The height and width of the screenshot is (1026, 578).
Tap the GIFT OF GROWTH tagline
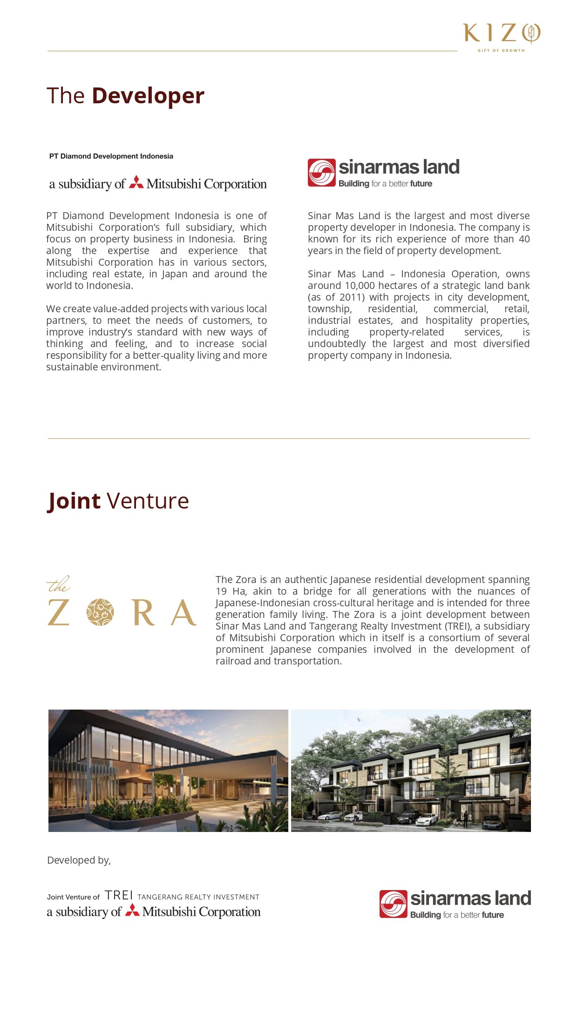pyautogui.click(x=501, y=50)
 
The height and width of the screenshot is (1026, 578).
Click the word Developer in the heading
pyautogui.click(x=148, y=96)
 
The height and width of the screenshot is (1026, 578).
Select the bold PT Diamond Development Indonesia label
pyautogui.click(x=111, y=156)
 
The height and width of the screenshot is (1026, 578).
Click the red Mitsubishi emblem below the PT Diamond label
pyautogui.click(x=136, y=182)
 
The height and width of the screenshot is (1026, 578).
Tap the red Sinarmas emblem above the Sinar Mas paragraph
pyautogui.click(x=321, y=173)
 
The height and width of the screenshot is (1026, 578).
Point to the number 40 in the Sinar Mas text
pyautogui.click(x=524, y=239)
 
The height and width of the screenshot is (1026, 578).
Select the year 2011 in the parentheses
pyautogui.click(x=350, y=297)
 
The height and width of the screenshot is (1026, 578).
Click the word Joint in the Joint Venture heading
pyautogui.click(x=74, y=501)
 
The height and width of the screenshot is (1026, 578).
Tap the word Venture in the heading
pyautogui.click(x=148, y=501)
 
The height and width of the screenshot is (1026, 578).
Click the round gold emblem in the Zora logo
pyautogui.click(x=100, y=612)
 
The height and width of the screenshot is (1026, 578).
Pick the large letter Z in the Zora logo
pyautogui.click(x=59, y=612)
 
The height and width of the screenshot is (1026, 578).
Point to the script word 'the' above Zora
pyautogui.click(x=58, y=584)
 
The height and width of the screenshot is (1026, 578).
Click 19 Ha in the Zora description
pyautogui.click(x=228, y=591)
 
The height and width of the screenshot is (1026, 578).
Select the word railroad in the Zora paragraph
pyautogui.click(x=233, y=661)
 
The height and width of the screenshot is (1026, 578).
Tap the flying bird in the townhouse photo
pyautogui.click(x=359, y=720)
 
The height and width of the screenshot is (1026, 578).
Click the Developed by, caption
pyautogui.click(x=79, y=860)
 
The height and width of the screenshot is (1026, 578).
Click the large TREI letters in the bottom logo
pyautogui.click(x=119, y=895)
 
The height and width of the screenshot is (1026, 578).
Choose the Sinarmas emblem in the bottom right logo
pyautogui.click(x=393, y=904)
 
